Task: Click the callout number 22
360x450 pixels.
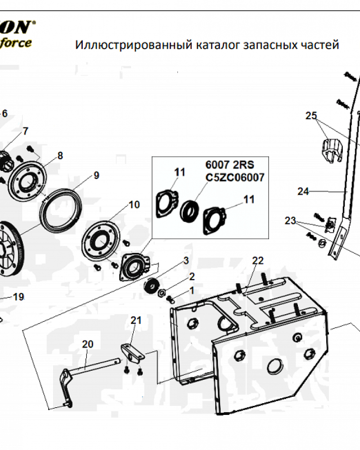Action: (x=257, y=261)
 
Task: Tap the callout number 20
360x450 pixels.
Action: (x=87, y=344)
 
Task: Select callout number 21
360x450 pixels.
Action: (x=136, y=320)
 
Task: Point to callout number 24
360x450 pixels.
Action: (x=303, y=191)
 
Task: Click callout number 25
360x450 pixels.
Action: (x=311, y=116)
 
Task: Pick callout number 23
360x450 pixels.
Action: (x=291, y=220)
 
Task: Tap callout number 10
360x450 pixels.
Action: (x=134, y=205)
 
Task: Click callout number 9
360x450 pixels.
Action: (x=96, y=175)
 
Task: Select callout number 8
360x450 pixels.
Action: (x=60, y=156)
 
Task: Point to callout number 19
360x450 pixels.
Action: (x=18, y=297)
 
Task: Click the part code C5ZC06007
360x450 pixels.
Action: (x=235, y=178)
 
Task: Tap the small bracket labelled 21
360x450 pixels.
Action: (x=132, y=353)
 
